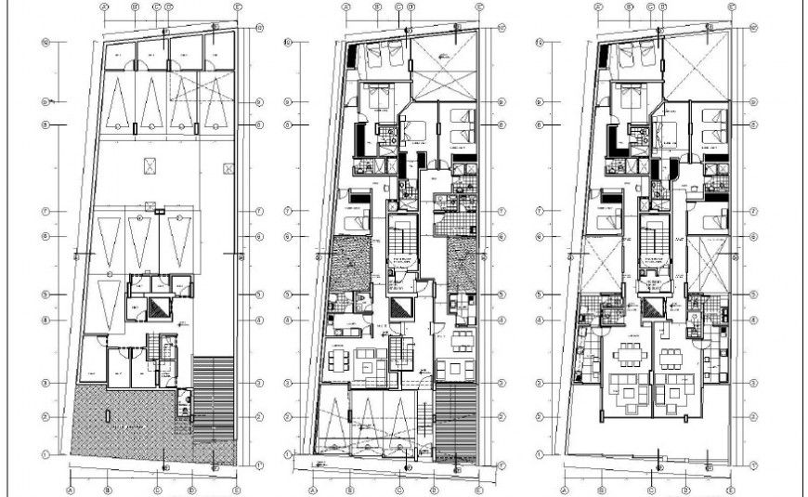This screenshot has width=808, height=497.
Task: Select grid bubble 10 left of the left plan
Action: pyautogui.click(x=45, y=42)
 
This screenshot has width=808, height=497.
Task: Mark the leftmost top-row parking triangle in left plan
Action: pyautogui.click(x=118, y=103)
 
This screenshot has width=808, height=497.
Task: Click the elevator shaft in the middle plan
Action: pyautogui.click(x=400, y=307)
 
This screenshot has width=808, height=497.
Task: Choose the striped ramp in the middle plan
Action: pyautogui.click(x=454, y=417)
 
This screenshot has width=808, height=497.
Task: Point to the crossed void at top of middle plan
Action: pyautogui.click(x=444, y=66)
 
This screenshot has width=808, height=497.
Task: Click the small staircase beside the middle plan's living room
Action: pyautogui.click(x=400, y=351)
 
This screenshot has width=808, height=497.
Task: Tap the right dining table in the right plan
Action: pyautogui.click(x=668, y=356)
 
